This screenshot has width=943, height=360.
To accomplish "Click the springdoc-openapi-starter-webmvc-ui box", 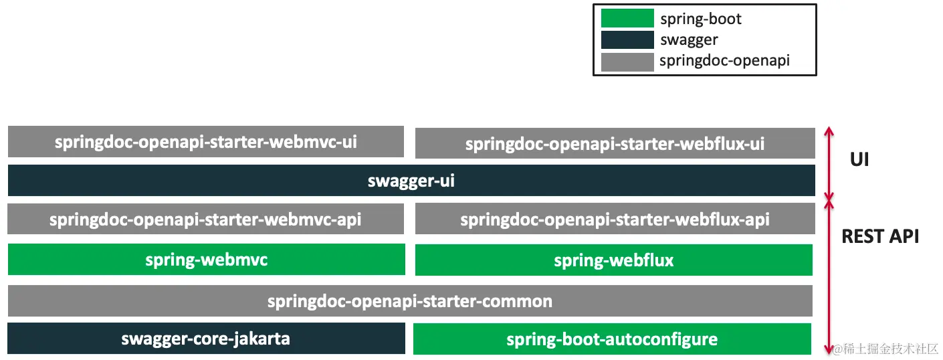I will (x=206, y=142).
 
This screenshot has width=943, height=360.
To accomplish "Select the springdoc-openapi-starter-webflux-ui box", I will (x=615, y=144).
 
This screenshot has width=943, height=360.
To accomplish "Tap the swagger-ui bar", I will (x=411, y=181).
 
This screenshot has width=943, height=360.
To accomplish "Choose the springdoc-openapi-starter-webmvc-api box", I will (x=206, y=219).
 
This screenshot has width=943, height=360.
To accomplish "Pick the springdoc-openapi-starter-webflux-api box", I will (x=615, y=219).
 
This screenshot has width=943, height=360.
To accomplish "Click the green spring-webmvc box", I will (x=206, y=260).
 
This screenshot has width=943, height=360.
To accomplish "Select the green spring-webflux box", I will (x=613, y=260).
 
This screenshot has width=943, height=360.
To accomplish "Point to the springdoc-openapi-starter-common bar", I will (x=410, y=301).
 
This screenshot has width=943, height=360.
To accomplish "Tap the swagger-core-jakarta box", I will (x=206, y=339).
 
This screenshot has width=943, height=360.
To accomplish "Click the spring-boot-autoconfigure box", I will (x=612, y=339).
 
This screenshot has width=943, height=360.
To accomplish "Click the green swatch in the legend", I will (x=627, y=18).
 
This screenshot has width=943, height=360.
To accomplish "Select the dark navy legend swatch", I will (x=627, y=40).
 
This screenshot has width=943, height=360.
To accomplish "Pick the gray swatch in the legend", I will (x=627, y=62).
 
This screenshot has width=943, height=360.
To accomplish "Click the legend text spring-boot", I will (x=701, y=19).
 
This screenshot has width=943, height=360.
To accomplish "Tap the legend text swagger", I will (x=689, y=40).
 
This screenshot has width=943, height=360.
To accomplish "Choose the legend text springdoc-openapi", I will (x=724, y=61).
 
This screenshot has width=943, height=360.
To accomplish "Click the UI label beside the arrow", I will (x=859, y=160).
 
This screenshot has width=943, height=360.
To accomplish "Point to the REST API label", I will (x=880, y=236).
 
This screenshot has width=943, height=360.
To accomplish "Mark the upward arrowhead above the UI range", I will (x=830, y=130).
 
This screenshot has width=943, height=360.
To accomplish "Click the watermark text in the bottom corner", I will (x=886, y=349).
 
